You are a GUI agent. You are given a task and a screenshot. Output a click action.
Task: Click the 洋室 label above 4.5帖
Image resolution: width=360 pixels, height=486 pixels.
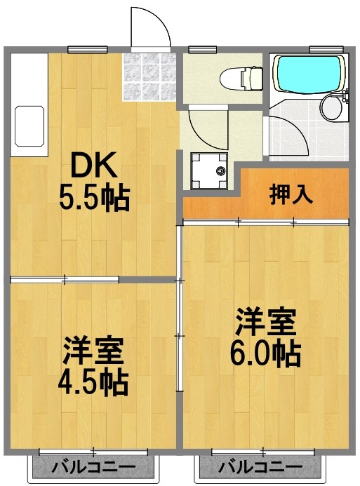pyautogui.click(x=93, y=349)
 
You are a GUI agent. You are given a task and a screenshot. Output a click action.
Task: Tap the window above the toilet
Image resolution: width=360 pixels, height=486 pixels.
pyautogui.click(x=202, y=48)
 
